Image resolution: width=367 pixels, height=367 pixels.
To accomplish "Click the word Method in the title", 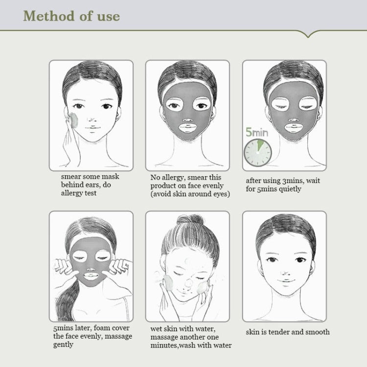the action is pyautogui.click(x=48, y=16).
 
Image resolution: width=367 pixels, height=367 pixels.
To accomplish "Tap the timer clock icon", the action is pyautogui.click(x=258, y=153).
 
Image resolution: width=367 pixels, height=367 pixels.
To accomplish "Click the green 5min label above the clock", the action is pyautogui.click(x=257, y=132).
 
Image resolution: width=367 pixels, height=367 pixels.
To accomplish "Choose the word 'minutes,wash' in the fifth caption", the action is pyautogui.click(x=171, y=345).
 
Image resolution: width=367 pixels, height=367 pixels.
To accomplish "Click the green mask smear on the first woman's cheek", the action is pyautogui.click(x=74, y=120).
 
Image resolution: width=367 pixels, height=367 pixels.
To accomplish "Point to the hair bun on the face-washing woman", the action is pyautogui.click(x=190, y=220).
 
